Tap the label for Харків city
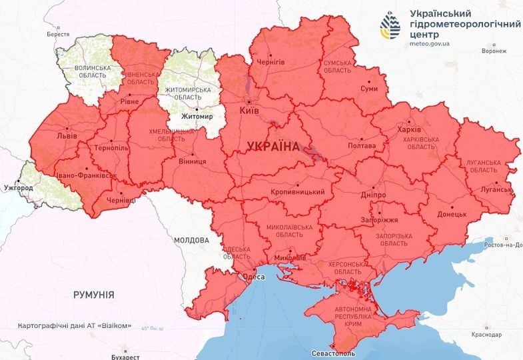point(408,130)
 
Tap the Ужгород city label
point(17,188)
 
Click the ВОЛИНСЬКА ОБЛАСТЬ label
point(92,71)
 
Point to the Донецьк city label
point(452,215)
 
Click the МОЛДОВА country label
point(192,239)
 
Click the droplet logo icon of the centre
point(390,25)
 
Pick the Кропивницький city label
point(298,193)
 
